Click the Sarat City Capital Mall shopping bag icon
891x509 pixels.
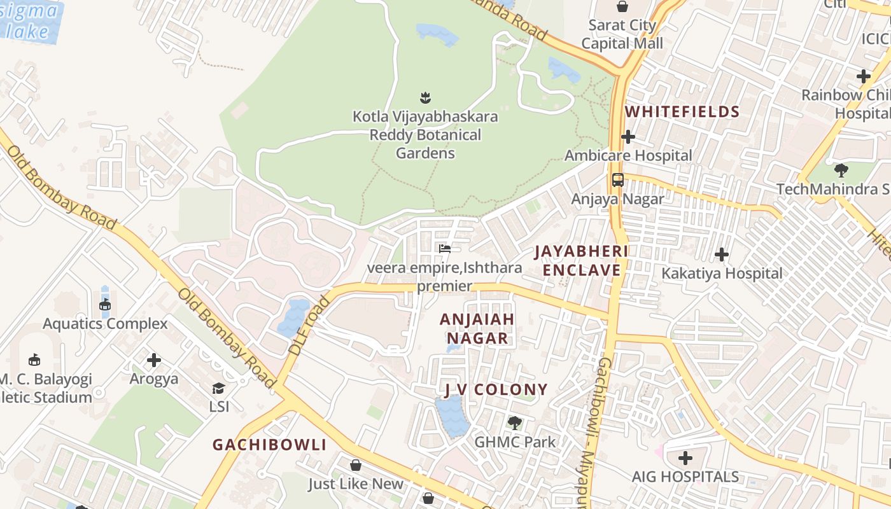[x=622, y=7]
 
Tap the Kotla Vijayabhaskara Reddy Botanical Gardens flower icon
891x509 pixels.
[x=425, y=97]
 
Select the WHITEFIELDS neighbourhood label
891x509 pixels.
[x=682, y=112]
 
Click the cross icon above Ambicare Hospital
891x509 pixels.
[x=628, y=137]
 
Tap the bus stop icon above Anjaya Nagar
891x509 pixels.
[x=617, y=179]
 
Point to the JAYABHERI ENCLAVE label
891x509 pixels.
[x=580, y=260]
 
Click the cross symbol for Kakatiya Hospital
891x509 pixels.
[x=721, y=254]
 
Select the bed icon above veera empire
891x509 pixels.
[x=444, y=248]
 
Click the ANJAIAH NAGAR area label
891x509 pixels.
[x=477, y=328]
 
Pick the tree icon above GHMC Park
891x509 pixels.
[x=514, y=422]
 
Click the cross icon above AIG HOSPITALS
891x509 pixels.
[x=685, y=457]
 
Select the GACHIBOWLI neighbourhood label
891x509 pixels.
[x=269, y=444]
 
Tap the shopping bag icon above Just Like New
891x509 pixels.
[x=356, y=465]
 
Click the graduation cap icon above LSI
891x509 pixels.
[x=218, y=388]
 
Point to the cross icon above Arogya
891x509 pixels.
[x=153, y=360]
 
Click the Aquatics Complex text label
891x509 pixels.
[x=105, y=323]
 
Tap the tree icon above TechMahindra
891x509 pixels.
[x=841, y=170]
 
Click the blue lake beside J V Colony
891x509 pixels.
[x=452, y=415]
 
